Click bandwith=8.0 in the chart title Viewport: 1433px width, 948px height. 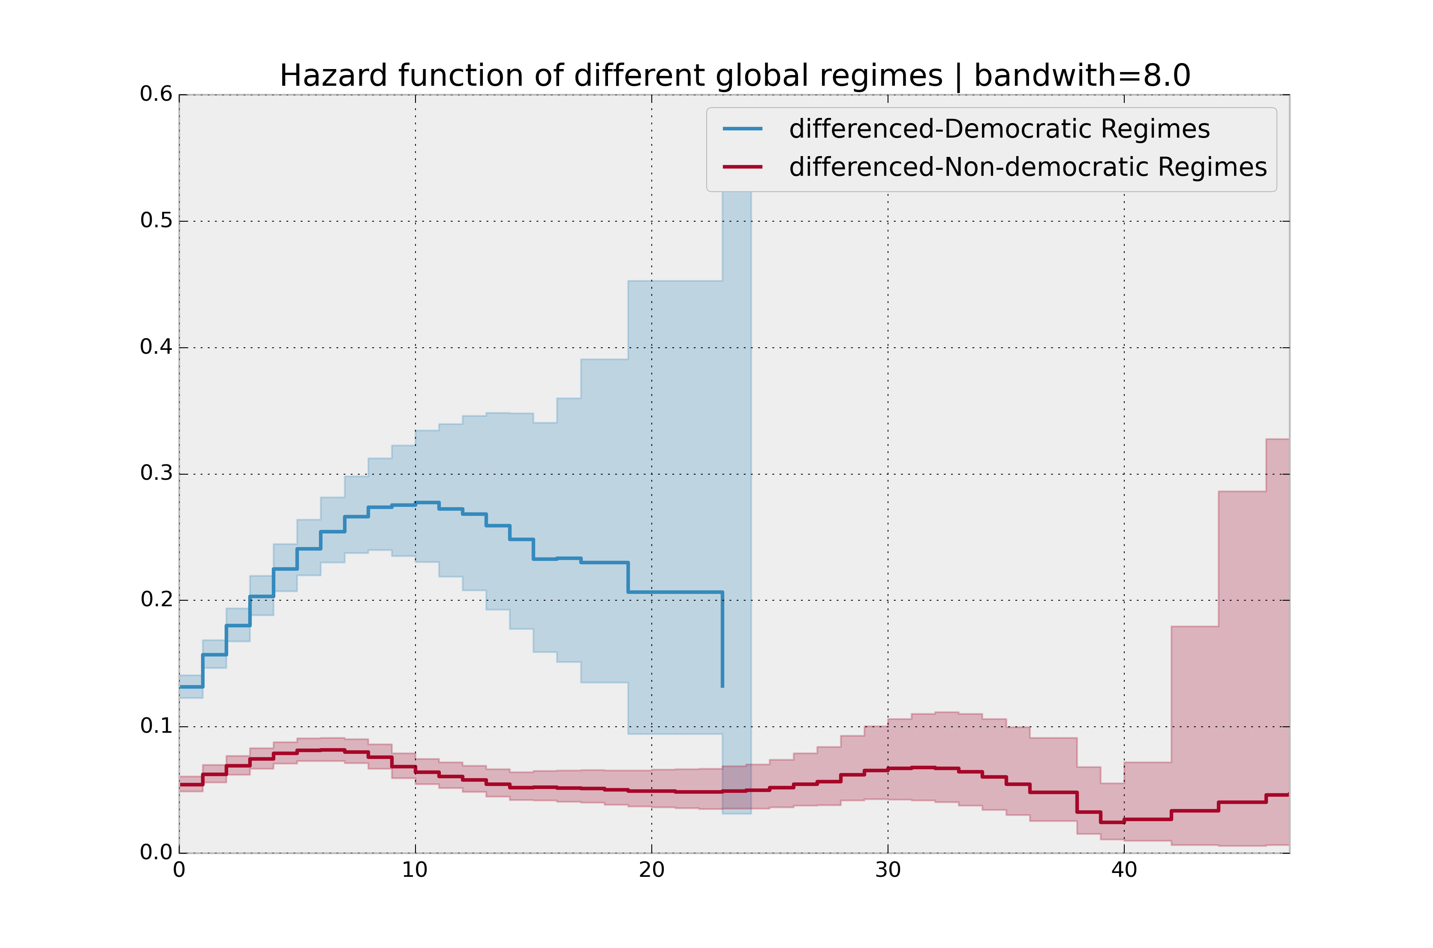point(1082,76)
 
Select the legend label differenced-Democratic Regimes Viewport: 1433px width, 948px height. point(999,129)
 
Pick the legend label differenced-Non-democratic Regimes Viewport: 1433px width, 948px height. point(1027,167)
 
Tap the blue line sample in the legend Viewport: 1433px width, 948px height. point(743,129)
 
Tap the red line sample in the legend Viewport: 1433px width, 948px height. point(743,167)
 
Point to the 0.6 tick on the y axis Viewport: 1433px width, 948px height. point(156,94)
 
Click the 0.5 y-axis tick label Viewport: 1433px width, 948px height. point(156,221)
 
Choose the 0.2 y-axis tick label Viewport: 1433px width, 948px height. point(156,600)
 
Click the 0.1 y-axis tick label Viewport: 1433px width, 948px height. point(156,726)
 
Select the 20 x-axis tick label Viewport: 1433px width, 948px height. point(651,871)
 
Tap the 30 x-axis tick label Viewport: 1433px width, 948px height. point(888,871)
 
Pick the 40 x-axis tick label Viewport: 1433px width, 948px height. point(1124,871)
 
